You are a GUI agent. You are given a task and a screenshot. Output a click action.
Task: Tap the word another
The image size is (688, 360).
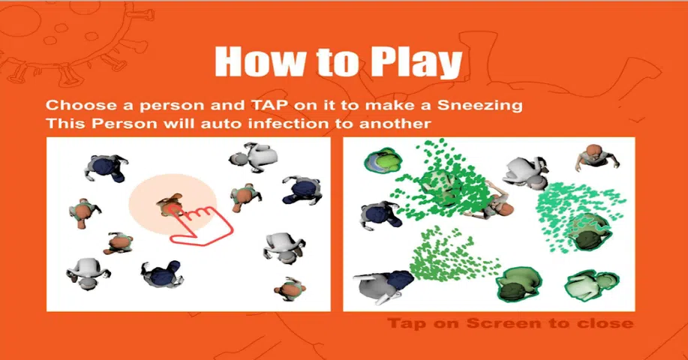pos(395,124)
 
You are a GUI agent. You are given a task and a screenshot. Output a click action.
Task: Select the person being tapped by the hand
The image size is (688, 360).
pos(169,205)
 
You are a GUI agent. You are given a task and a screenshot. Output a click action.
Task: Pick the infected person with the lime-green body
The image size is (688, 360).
pos(383,160)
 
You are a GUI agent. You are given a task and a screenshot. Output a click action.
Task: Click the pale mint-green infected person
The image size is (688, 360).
pos(592,284)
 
